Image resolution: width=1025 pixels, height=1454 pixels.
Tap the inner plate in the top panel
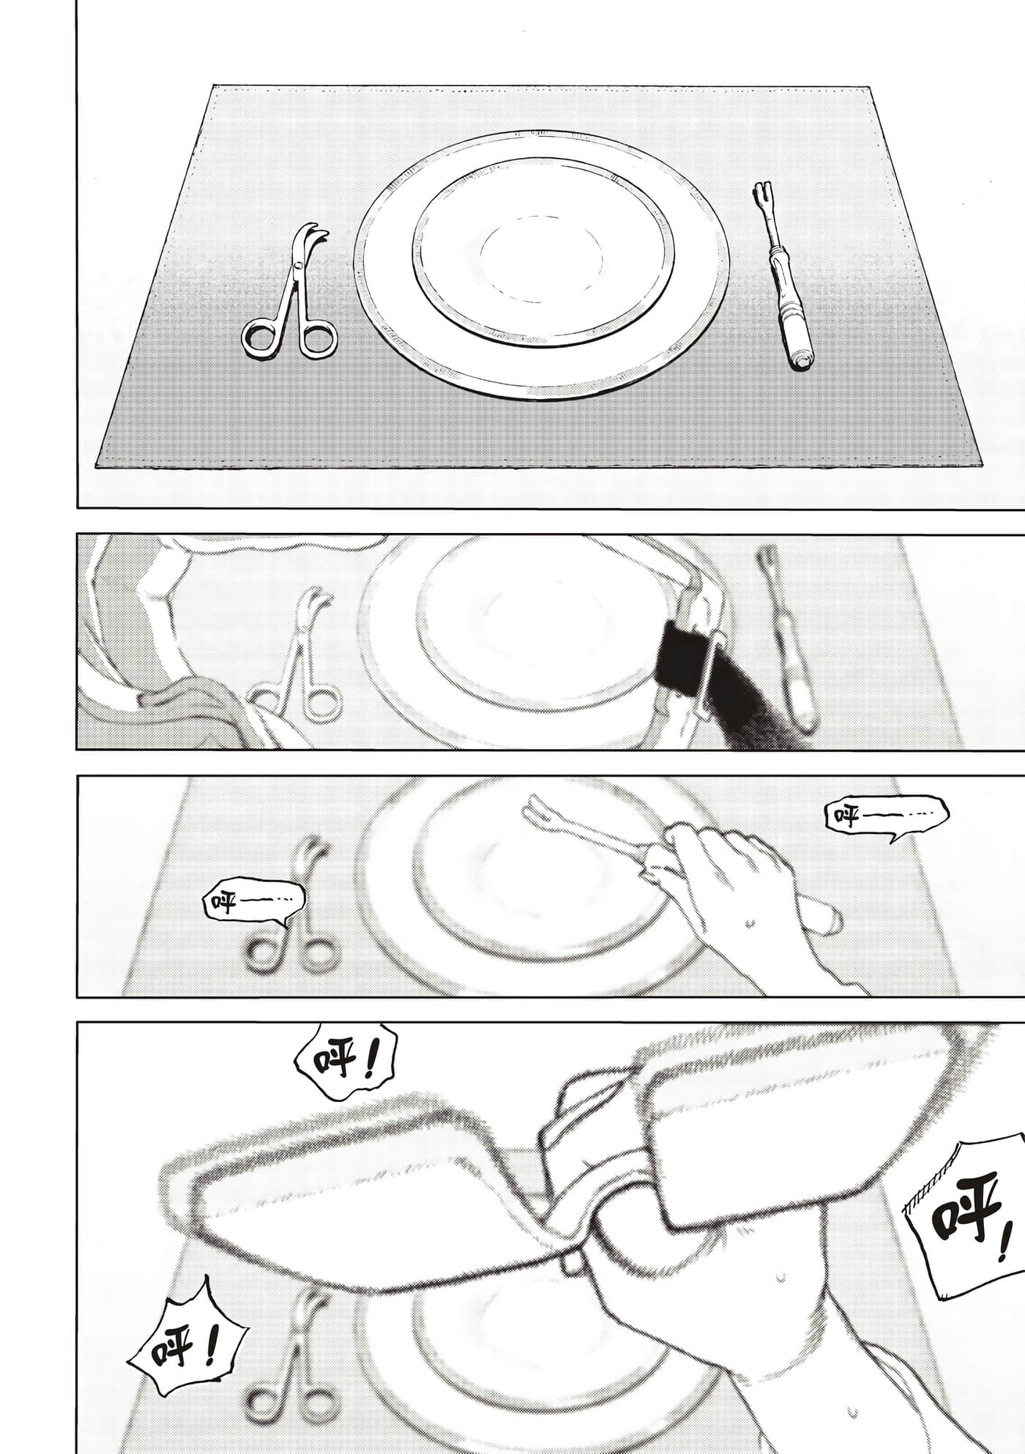click(x=543, y=251)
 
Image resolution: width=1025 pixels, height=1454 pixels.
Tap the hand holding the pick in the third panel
click(x=732, y=879)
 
